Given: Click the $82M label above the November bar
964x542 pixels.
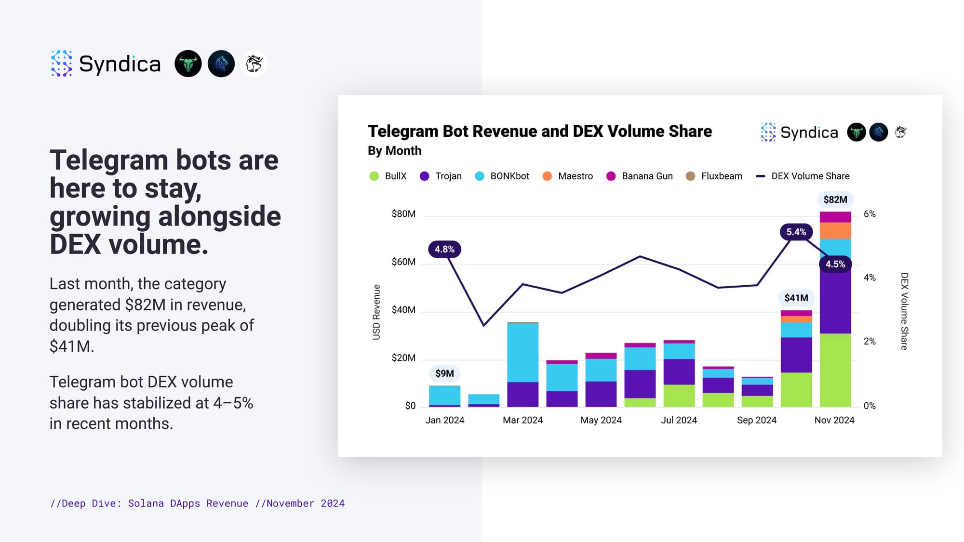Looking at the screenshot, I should pos(835,199).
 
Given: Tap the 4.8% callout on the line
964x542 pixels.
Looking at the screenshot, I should pos(444,249).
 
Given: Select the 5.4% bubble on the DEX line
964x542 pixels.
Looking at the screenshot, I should pos(796,232).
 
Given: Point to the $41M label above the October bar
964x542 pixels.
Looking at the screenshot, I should pos(796,298).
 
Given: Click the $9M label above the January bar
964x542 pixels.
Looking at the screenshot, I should pos(444,373).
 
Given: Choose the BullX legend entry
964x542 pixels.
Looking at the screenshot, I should pos(388,176).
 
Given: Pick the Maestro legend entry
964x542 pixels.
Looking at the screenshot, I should pos(568,176).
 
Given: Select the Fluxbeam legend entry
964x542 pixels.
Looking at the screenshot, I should pos(714,176).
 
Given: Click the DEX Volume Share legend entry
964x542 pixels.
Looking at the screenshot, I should pos(803,176).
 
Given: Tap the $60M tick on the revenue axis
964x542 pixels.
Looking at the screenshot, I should pos(403,262).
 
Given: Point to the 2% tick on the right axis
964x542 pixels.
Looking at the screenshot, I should pos(870,342).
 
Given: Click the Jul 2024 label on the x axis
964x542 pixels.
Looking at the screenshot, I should pos(679,420).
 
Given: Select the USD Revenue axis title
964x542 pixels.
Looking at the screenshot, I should pos(376,312).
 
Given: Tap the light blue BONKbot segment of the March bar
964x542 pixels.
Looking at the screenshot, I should pos(523,352).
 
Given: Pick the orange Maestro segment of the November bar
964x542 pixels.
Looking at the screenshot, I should pos(835,231).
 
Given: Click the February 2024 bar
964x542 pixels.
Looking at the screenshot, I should pos(483,400).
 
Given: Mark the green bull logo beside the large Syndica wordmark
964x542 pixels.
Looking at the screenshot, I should pos(188,64).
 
